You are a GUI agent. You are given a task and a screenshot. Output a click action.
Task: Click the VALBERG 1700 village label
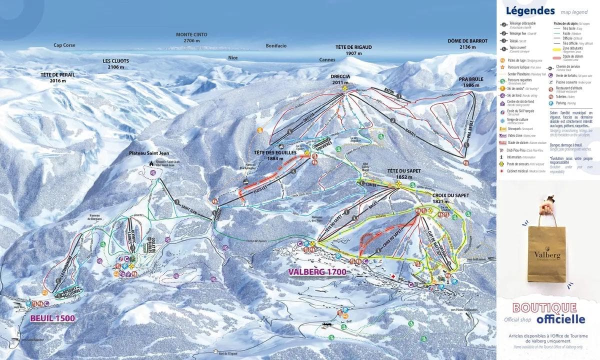tap(316, 271)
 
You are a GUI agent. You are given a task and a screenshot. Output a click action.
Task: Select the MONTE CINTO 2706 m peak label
tap(191, 37)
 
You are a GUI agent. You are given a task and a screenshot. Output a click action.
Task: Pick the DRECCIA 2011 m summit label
tap(340, 79)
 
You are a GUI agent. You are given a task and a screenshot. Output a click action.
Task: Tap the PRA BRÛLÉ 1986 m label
tap(471, 82)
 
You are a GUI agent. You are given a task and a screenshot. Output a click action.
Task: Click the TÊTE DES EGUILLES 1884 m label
tap(275, 155)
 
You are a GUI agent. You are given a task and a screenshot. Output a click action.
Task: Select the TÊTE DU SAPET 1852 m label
tap(403, 173)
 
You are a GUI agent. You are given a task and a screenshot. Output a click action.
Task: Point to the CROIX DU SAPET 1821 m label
tap(451, 198)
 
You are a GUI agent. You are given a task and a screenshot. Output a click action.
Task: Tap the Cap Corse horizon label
tap(64, 45)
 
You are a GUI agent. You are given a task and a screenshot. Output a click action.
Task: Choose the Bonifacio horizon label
tap(276, 45)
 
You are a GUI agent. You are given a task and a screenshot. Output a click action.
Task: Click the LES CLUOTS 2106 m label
tap(115, 63)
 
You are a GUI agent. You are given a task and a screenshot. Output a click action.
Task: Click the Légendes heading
tap(530, 11)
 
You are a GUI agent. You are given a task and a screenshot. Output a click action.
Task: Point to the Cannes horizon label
tap(327, 59)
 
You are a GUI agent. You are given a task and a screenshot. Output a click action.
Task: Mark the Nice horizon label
tap(233, 57)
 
